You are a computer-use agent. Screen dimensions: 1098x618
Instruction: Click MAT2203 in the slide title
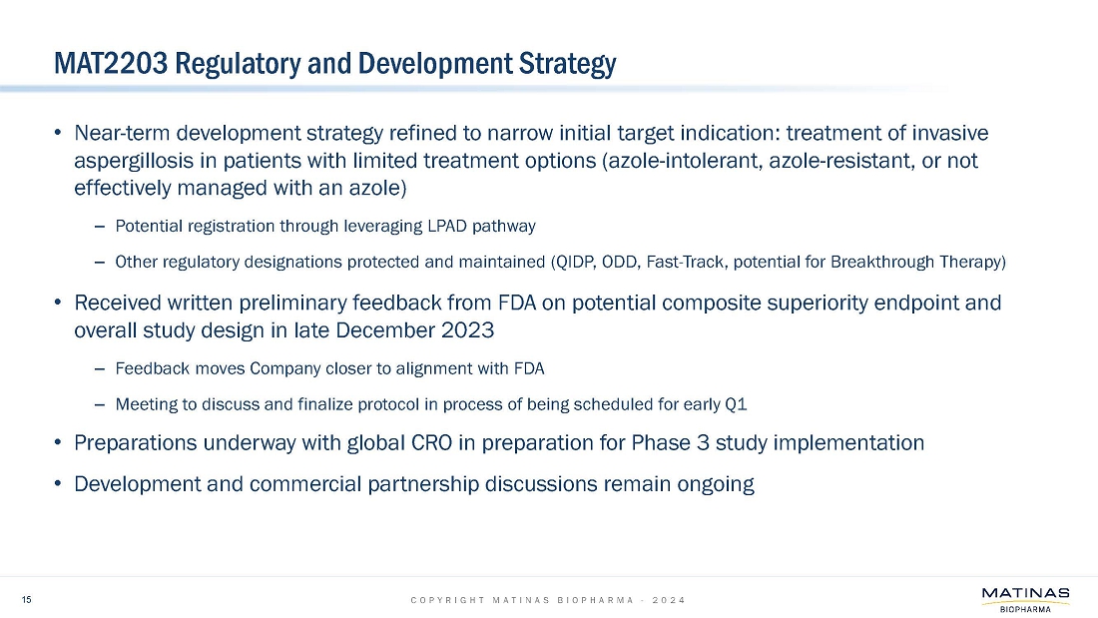click(111, 64)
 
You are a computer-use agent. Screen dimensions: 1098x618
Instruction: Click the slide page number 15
click(27, 599)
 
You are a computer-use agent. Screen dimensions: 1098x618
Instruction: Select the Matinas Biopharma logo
click(1025, 600)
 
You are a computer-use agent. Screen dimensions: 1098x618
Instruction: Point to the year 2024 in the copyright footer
click(669, 600)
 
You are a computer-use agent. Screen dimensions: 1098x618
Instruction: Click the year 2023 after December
click(467, 330)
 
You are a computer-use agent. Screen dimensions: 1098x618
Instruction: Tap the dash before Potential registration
click(100, 227)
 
